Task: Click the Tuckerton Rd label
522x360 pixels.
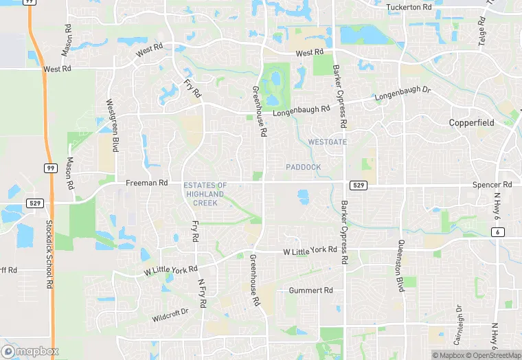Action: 409,7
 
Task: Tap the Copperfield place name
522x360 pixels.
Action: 472,122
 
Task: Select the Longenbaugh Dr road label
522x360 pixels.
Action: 402,94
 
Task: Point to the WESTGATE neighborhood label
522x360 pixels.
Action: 327,142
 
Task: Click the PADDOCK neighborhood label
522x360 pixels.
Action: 303,167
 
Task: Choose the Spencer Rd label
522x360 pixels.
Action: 492,185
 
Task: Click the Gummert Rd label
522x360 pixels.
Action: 310,291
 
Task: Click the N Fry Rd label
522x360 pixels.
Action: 202,293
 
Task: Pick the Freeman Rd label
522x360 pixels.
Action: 146,183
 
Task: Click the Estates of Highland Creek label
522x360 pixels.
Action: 205,194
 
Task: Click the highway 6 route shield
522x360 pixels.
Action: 497,232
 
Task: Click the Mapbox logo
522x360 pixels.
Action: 30,351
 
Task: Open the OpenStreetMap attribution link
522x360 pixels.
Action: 493,355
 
